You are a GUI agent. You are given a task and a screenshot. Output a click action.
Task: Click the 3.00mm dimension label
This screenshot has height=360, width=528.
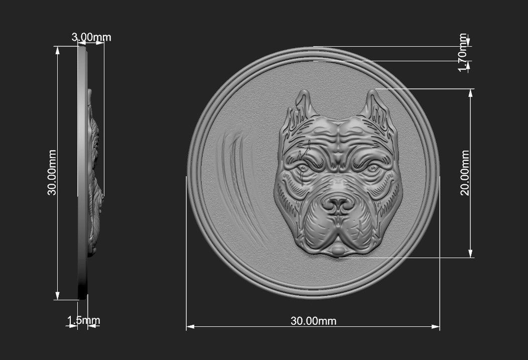coord(91,37)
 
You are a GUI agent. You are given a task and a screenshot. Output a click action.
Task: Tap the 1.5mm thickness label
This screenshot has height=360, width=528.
coord(84,320)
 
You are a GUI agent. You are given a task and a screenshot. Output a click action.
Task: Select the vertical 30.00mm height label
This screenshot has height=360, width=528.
coord(52,173)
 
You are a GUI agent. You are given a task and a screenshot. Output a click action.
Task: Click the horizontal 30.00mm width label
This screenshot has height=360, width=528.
coord(314,321)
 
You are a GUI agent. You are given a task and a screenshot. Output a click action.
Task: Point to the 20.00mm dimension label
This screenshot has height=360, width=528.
coord(465,173)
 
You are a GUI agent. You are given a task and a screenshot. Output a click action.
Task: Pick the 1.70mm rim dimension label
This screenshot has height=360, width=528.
coord(463,52)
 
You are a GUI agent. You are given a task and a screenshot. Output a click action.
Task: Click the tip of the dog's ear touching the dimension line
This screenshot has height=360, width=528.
coord(374,92)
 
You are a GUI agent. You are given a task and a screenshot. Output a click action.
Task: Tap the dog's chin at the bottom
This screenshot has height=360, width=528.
coord(338,250)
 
